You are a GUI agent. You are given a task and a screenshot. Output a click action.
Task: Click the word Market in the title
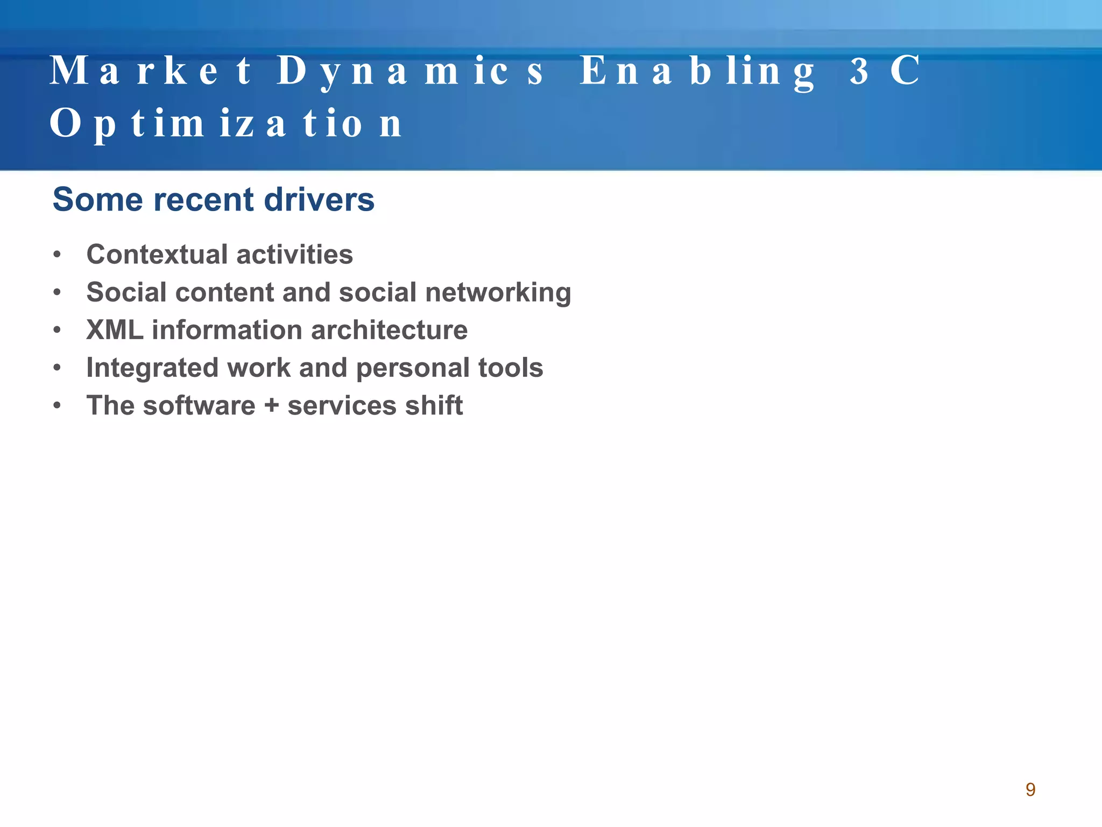[x=151, y=71]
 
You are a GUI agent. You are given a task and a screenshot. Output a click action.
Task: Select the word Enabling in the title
[x=697, y=72]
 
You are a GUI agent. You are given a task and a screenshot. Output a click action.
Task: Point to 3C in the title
[x=885, y=71]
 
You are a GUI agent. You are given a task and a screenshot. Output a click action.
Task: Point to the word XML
[x=115, y=330]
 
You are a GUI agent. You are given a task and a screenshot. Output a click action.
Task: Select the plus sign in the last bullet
[x=272, y=407]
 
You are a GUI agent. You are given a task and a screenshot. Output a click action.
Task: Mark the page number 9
[x=1030, y=789]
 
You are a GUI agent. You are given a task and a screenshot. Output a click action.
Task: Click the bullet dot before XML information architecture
[x=57, y=330]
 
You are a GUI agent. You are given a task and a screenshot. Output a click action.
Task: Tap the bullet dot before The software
[x=57, y=405]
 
